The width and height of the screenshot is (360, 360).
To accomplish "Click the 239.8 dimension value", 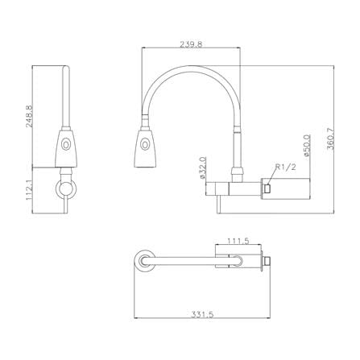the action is click(x=191, y=44).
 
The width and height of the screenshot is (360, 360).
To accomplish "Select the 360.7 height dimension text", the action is click(x=330, y=139).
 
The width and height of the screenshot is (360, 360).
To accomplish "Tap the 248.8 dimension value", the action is click(x=29, y=116).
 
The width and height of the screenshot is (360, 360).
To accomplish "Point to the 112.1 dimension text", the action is click(x=29, y=190).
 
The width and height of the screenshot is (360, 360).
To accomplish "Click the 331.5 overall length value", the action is click(x=202, y=314).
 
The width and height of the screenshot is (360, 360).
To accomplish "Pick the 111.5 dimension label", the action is click(x=238, y=241).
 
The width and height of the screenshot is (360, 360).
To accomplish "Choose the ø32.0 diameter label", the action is click(x=202, y=168).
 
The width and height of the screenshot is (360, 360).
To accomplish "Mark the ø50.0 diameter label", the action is click(x=307, y=146).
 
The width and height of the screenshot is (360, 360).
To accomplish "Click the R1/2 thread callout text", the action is click(x=285, y=167).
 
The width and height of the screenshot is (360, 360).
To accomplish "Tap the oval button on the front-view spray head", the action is click(x=145, y=145).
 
